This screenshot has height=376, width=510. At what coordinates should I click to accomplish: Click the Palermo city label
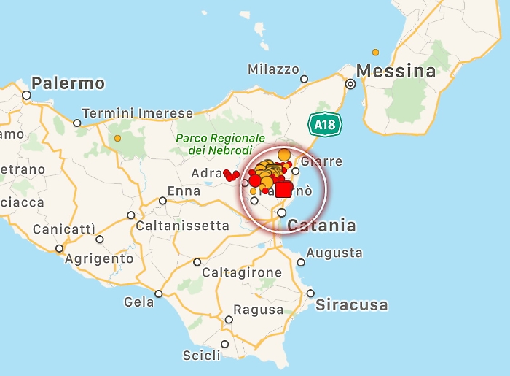coord(68,83)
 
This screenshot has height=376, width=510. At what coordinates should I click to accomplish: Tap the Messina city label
coord(396,71)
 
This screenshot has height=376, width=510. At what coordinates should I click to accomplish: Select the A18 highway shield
coord(324,124)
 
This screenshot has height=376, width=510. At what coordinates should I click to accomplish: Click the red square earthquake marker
coord(283,189)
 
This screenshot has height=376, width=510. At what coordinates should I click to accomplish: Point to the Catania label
coord(322,225)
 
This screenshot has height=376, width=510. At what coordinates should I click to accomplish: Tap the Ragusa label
coord(259,310)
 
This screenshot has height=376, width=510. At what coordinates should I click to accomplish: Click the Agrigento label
coord(99,258)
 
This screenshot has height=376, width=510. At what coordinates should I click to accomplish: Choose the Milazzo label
coord(273,69)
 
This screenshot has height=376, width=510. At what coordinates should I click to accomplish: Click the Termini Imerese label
coord(138,113)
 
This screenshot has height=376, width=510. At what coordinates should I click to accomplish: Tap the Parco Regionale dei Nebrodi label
coord(220,144)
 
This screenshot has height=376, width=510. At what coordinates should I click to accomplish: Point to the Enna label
coord(184,191)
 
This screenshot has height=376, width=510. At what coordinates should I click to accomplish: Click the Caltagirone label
coord(242,272)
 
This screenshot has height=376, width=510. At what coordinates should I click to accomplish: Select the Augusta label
coord(334,253)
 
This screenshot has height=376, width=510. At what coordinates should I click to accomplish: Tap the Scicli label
coord(201,356)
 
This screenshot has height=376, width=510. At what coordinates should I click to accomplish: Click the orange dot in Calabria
coord(376,53)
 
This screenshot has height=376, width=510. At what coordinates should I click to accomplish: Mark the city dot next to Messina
coord(350,84)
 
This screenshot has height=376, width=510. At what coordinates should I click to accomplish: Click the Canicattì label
coord(64,229)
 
